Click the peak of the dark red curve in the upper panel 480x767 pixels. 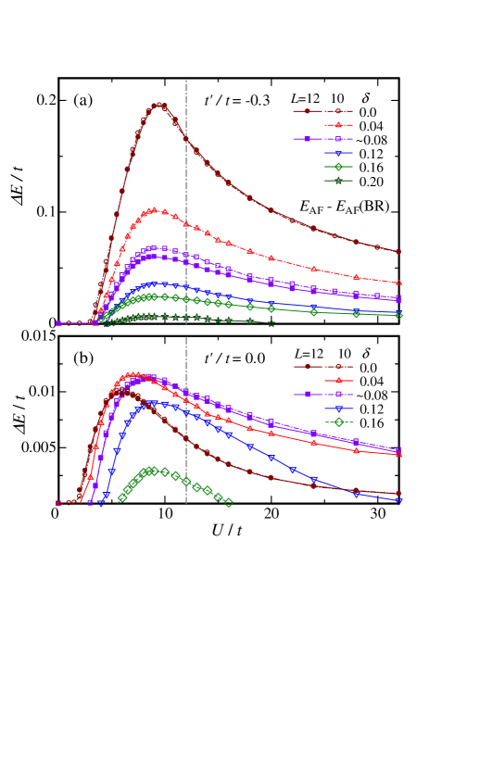point(158,105)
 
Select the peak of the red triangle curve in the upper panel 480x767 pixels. point(154,210)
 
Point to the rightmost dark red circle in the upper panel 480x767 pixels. point(398,251)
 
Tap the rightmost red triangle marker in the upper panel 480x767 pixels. point(398,283)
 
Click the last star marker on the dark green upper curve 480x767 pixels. point(272,323)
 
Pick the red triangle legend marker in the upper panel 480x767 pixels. point(338,125)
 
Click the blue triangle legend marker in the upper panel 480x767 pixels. point(338,153)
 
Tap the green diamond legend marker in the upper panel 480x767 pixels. point(338,167)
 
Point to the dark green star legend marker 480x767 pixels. point(338,181)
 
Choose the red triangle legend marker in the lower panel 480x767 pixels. point(338,381)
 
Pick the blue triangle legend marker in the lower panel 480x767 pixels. point(338,409)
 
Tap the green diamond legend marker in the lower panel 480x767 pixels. point(338,422)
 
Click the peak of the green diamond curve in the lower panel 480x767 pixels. point(152,471)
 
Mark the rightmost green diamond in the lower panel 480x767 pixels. point(229,502)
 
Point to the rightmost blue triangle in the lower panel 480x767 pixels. point(398,500)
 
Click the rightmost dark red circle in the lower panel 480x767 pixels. point(398,494)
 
